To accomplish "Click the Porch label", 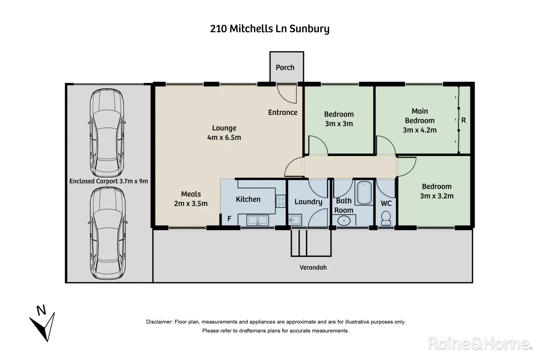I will pyautogui.click(x=285, y=68).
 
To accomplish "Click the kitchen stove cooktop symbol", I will pyautogui.click(x=281, y=201).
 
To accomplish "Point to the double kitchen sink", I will pyautogui.click(x=258, y=220).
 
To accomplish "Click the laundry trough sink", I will pyautogui.click(x=295, y=220).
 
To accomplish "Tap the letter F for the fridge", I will pyautogui.click(x=229, y=219).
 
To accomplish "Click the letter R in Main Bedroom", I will pyautogui.click(x=463, y=120).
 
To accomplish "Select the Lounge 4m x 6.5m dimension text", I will pyautogui.click(x=224, y=137).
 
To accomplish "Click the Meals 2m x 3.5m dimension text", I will pyautogui.click(x=191, y=203).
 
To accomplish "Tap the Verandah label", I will pyautogui.click(x=313, y=267).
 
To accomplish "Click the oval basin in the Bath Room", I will pyautogui.click(x=344, y=221).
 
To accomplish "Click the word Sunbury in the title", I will pyautogui.click(x=309, y=29).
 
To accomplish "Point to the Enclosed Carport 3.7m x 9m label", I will pyautogui.click(x=109, y=181).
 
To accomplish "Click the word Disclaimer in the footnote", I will pyautogui.click(x=159, y=322).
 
